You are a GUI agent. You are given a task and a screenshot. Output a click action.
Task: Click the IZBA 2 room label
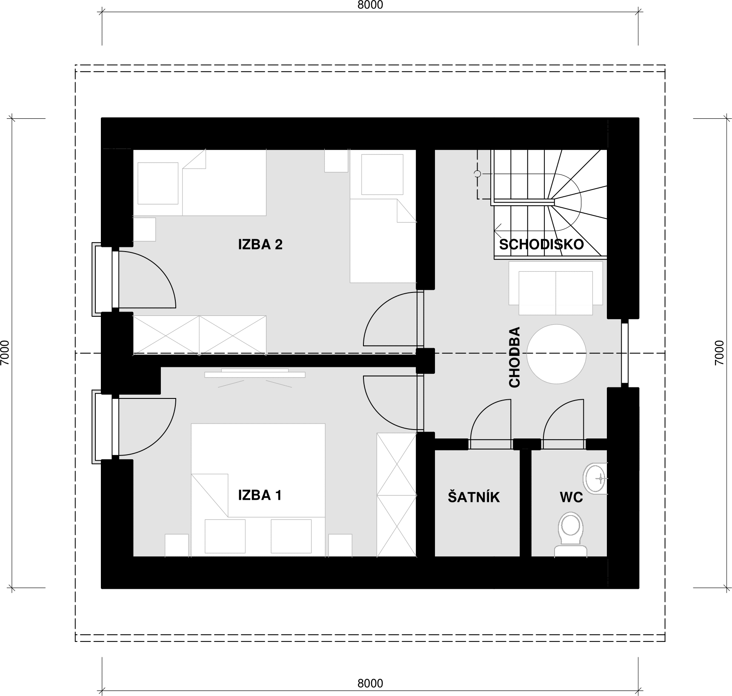pyautogui.click(x=260, y=244)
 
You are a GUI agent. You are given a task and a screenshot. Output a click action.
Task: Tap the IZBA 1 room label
pyautogui.click(x=260, y=495)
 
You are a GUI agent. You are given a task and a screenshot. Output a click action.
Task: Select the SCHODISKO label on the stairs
pyautogui.click(x=541, y=244)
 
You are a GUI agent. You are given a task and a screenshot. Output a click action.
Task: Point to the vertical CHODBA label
pyautogui.click(x=515, y=357)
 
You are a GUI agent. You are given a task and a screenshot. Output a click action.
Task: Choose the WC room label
pyautogui.click(x=571, y=497)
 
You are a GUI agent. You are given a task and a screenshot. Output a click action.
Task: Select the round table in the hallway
pyautogui.click(x=557, y=354)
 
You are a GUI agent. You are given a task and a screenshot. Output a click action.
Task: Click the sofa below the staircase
pyautogui.click(x=556, y=288)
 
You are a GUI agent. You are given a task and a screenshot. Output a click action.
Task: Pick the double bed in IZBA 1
pyautogui.click(x=258, y=490)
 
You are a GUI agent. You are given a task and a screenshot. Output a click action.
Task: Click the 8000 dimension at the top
pyautogui.click(x=370, y=5)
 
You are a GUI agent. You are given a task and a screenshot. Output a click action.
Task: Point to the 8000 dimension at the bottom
pyautogui.click(x=370, y=683)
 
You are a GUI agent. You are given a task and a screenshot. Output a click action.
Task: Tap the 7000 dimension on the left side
pyautogui.click(x=5, y=353)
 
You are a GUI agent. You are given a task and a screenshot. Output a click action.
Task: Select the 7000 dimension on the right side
pyautogui.click(x=719, y=353)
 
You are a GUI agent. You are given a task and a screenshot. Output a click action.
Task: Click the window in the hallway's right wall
pyautogui.click(x=624, y=353)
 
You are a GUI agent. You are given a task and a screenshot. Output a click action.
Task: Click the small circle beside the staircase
pyautogui.click(x=478, y=174)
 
